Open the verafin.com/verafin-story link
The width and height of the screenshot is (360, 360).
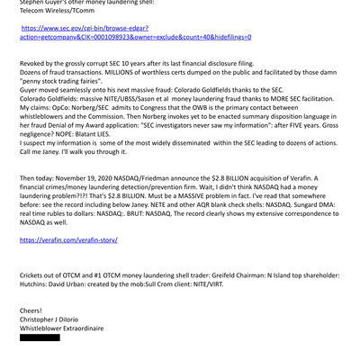point(69,240)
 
